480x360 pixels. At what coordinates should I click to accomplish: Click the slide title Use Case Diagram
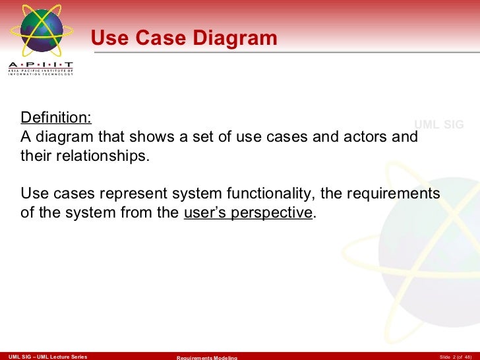click(184, 38)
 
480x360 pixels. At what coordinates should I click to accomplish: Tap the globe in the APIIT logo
click(42, 30)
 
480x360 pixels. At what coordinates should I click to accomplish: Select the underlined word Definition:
click(56, 118)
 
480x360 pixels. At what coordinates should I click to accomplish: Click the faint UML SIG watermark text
click(438, 125)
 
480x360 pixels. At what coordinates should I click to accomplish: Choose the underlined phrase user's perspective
click(247, 213)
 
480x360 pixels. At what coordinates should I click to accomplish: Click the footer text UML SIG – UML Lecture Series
click(44, 356)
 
